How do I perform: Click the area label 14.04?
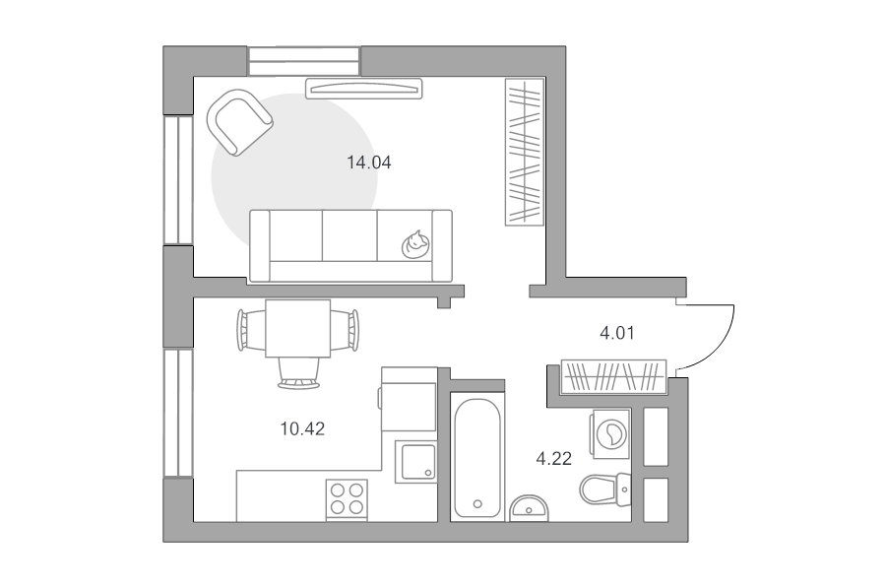tap(368, 163)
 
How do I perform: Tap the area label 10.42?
tap(302, 429)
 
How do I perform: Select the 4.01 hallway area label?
tap(617, 333)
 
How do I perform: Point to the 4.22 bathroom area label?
tap(553, 459)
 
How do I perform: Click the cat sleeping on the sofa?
tap(415, 245)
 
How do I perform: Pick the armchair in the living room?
tap(239, 122)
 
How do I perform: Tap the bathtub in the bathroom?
tap(477, 458)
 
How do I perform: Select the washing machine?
tap(610, 434)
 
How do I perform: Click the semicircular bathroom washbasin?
tap(529, 508)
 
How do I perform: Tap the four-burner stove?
tap(347, 498)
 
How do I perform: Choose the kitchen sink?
tap(415, 462)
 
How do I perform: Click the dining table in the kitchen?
tap(297, 329)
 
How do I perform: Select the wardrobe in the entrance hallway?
tap(613, 377)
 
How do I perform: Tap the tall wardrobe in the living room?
tap(525, 152)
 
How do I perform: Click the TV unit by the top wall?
tap(364, 89)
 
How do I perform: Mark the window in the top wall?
tap(304, 61)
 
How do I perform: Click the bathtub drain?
tap(478, 504)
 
